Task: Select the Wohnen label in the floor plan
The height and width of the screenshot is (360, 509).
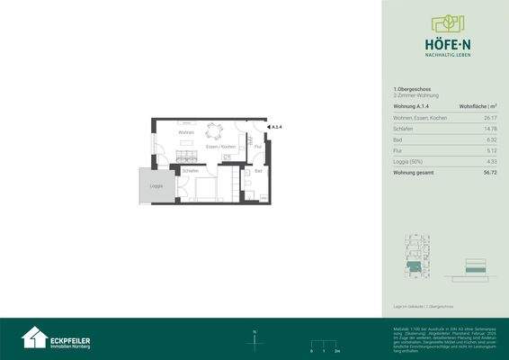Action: [x=186, y=133]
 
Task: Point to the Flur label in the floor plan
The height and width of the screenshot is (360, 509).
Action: [x=257, y=145]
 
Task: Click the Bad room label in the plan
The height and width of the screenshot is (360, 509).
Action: [x=258, y=170]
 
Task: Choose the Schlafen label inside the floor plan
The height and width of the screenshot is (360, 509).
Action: [x=190, y=170]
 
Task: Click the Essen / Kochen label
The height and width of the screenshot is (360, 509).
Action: [x=220, y=146]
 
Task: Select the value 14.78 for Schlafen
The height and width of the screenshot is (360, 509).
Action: [x=490, y=130]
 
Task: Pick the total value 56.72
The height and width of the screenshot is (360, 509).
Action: [x=490, y=172]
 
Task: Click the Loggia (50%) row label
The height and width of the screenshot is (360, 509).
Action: [x=410, y=161]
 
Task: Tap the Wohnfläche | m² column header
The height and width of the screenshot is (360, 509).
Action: [x=478, y=107]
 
